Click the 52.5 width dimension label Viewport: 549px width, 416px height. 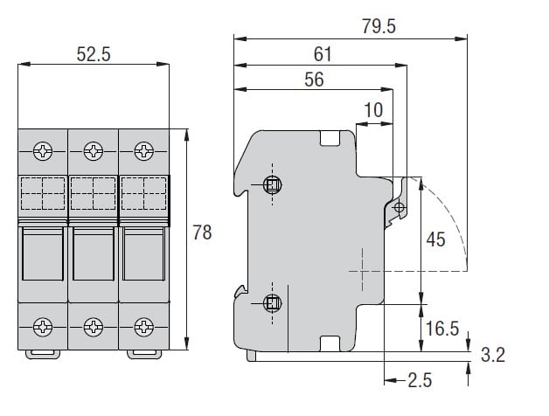click(94, 54)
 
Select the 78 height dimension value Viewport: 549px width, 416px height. click(202, 232)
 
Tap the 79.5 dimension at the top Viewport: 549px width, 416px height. click(379, 26)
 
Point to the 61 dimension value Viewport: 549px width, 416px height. click(323, 54)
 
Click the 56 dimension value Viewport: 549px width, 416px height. click(314, 80)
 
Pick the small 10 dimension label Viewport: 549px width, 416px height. click(373, 110)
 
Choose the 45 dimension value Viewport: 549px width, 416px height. click(436, 239)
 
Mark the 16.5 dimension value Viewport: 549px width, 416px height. click(441, 329)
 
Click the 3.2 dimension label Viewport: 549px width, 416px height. click(493, 355)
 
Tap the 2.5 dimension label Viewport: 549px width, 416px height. click(420, 380)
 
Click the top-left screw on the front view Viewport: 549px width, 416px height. click(43, 151)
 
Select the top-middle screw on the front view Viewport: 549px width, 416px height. click(94, 151)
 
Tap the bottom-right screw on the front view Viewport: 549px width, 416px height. click(144, 327)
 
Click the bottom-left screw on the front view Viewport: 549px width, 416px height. click(43, 327)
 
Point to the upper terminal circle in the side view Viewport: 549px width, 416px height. click(273, 184)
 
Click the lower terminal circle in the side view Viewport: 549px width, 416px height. click(273, 303)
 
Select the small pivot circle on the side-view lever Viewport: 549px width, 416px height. click(400, 207)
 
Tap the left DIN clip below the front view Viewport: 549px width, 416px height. click(43, 354)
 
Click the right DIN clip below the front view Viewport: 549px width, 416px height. click(144, 354)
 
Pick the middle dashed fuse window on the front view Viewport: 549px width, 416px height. click(94, 194)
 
